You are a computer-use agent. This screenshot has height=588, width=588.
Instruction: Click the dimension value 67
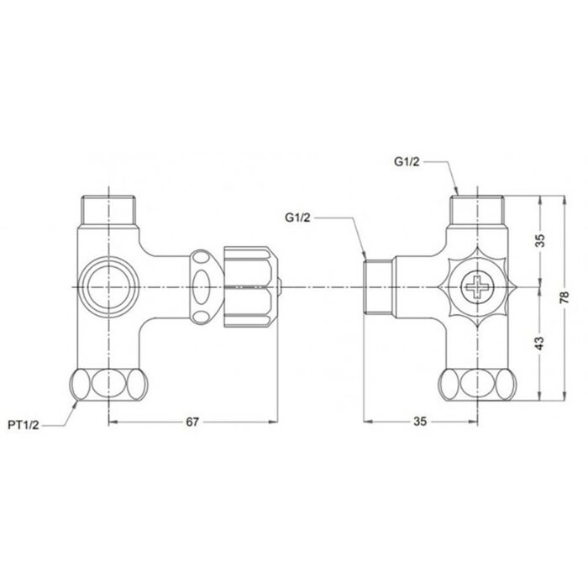coord(192,423)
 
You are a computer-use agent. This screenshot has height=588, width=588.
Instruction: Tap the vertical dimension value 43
coord(541,344)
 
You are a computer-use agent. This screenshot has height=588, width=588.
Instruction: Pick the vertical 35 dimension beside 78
coord(541,240)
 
